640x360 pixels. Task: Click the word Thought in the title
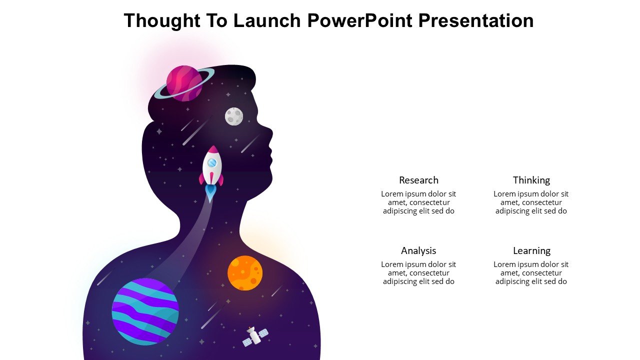(x=162, y=20)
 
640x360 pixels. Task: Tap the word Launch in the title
(x=267, y=20)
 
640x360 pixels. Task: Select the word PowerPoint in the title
(x=360, y=20)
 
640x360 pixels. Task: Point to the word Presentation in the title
(x=476, y=20)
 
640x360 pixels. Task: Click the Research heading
(x=418, y=180)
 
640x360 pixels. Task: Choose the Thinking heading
(x=531, y=180)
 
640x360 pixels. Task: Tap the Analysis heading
(x=418, y=251)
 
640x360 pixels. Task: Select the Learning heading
(x=531, y=251)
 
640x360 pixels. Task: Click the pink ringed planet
(x=184, y=83)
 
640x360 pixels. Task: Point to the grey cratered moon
(x=234, y=116)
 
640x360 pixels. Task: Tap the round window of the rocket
(x=212, y=163)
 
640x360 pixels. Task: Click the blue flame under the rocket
(x=210, y=193)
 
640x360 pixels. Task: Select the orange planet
(x=245, y=273)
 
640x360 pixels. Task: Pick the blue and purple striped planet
(x=145, y=311)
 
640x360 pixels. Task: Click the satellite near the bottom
(x=255, y=337)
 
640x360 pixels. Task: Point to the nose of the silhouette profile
(x=270, y=133)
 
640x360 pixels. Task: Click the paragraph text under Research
(x=418, y=202)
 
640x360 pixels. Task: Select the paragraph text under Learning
(x=531, y=273)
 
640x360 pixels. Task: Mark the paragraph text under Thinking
(x=531, y=202)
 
